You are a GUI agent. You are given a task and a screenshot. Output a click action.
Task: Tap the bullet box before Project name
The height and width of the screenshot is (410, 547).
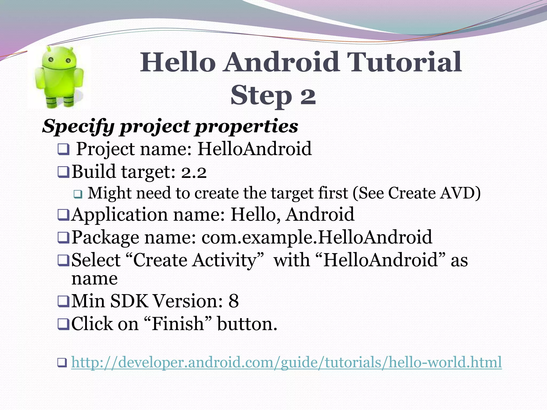coord(63,149)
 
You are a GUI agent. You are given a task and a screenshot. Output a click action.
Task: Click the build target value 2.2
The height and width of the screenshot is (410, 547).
coord(194,172)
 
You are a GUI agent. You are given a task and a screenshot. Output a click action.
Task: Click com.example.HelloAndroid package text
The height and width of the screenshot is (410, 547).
coord(317,237)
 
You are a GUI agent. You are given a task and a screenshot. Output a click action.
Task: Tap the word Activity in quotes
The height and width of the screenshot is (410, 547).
coord(225,260)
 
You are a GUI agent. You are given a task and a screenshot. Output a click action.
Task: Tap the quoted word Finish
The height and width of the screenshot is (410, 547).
coord(178,324)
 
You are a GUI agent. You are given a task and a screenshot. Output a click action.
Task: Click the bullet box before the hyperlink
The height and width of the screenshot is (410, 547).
coord(62,363)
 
